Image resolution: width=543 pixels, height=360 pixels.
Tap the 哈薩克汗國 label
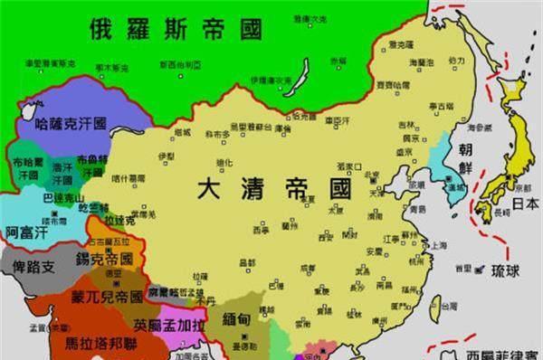coord(71,123)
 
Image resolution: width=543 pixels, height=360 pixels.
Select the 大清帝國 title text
coord(275,190)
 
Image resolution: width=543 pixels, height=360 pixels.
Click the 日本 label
coord(524,204)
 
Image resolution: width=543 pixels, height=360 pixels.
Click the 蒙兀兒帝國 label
coord(101,296)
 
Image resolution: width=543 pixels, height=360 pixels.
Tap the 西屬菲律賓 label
coord(502,353)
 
